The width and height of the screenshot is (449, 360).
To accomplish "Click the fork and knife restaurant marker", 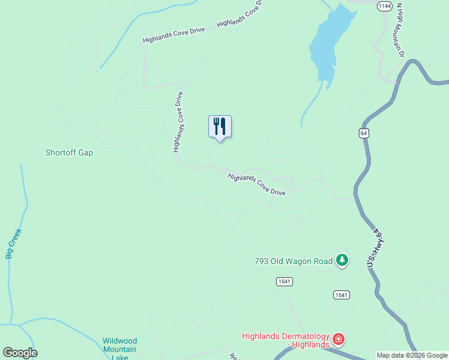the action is [x=220, y=127].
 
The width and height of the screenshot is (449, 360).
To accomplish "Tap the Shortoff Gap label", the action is [x=69, y=152].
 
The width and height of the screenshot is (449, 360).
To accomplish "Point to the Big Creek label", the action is [x=13, y=244].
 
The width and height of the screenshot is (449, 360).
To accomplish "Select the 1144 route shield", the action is [x=385, y=6].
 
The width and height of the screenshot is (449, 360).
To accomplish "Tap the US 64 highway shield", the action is [x=364, y=133].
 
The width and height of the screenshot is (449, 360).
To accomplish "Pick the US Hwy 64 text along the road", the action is [x=375, y=247].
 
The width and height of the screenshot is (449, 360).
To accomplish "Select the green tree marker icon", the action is [x=342, y=260].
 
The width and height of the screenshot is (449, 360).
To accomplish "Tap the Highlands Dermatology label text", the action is [x=286, y=340].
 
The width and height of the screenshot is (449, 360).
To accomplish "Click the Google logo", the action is [x=20, y=353].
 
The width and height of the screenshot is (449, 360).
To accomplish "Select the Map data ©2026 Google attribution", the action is [x=412, y=355].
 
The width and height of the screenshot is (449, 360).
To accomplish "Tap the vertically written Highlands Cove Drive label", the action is [x=178, y=122].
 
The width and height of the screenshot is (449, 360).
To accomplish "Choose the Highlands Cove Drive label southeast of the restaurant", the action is [x=256, y=184].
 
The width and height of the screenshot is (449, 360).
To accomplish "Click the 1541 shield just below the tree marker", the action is [x=342, y=295].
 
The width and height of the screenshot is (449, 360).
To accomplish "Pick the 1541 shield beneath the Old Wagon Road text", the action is [x=285, y=281].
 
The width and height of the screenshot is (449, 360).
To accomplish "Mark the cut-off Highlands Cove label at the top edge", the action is [x=240, y=14].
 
